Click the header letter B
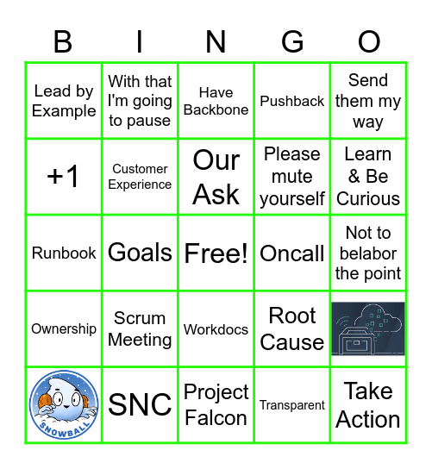point(63,41)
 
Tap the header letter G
point(292,41)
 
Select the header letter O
point(368,41)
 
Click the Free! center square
point(216,253)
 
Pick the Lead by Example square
point(64,101)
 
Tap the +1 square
point(64,177)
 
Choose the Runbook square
point(64,253)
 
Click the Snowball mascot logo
point(64,404)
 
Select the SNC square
point(140,404)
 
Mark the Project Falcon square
point(216,404)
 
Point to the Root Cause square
point(292,328)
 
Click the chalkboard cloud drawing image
point(368,328)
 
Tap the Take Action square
point(368,404)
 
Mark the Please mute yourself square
point(292,177)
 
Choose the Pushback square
point(292,101)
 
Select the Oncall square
point(292,253)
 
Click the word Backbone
point(216,110)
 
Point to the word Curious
point(368,198)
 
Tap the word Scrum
point(140,318)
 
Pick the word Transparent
point(292,405)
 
